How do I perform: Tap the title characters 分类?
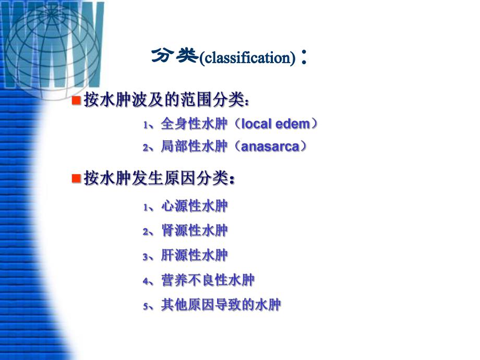point(175,56)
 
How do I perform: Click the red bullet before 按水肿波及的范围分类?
point(75,99)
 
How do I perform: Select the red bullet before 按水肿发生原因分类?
point(75,178)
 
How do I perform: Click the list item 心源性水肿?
point(195,207)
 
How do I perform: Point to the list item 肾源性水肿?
point(195,231)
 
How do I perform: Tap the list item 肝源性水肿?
point(195,256)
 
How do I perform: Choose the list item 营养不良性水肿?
point(208,281)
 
